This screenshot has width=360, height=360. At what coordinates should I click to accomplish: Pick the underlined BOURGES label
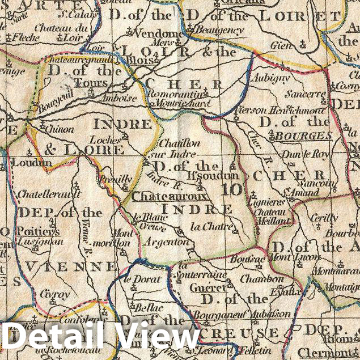302,135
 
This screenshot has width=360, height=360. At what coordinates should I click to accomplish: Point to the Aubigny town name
269,78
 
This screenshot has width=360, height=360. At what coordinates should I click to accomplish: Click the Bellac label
149,308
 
